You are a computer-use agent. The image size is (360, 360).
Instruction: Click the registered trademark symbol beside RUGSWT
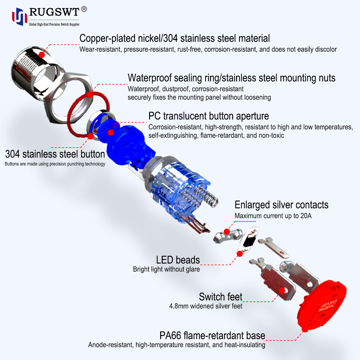click(x=84, y=9)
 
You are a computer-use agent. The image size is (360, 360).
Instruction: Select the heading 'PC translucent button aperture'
click(x=208, y=116)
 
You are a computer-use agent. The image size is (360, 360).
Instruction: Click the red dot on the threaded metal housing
click(x=42, y=55)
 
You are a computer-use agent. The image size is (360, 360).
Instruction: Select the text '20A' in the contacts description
click(x=306, y=216)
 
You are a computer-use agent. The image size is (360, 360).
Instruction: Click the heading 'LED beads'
click(x=178, y=260)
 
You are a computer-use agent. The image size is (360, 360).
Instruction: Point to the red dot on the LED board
click(x=240, y=254)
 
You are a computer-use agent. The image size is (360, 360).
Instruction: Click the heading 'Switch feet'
click(x=220, y=297)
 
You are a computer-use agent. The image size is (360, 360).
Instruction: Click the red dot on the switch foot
click(x=282, y=290)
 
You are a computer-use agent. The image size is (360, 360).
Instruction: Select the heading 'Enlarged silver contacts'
click(x=281, y=205)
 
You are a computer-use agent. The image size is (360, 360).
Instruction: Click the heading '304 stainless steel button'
click(x=55, y=154)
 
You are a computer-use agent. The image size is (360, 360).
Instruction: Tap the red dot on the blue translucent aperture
click(x=111, y=132)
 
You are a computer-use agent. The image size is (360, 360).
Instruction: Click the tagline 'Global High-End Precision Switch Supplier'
click(x=54, y=24)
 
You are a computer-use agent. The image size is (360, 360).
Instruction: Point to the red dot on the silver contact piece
click(x=227, y=232)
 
